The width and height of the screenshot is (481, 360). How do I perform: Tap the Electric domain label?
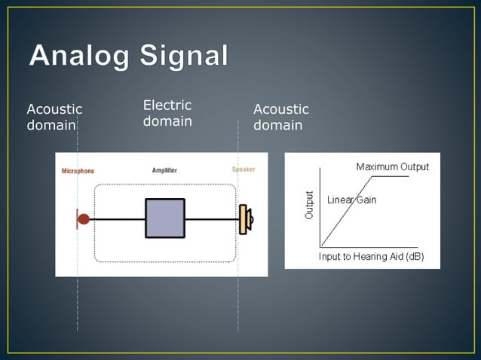pyautogui.click(x=167, y=113)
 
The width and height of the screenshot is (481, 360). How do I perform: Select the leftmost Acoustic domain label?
pyautogui.click(x=54, y=117)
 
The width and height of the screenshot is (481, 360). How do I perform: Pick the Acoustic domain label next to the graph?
pyautogui.click(x=280, y=117)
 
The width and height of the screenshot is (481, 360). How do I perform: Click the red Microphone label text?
pyautogui.click(x=78, y=171)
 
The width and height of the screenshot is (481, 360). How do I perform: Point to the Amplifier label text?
pyautogui.click(x=164, y=171)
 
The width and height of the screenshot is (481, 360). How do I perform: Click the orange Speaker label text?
pyautogui.click(x=243, y=170)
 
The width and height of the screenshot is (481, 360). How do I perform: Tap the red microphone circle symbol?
pyautogui.click(x=84, y=219)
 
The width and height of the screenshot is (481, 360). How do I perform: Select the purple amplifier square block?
pyautogui.click(x=165, y=218)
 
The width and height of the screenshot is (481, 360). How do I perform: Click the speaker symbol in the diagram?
pyautogui.click(x=245, y=219)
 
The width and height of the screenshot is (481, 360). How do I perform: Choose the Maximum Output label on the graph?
pyautogui.click(x=392, y=166)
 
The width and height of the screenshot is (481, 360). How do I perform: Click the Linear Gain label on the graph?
pyautogui.click(x=351, y=200)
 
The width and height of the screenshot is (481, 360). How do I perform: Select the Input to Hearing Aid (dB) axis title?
pyautogui.click(x=371, y=257)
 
